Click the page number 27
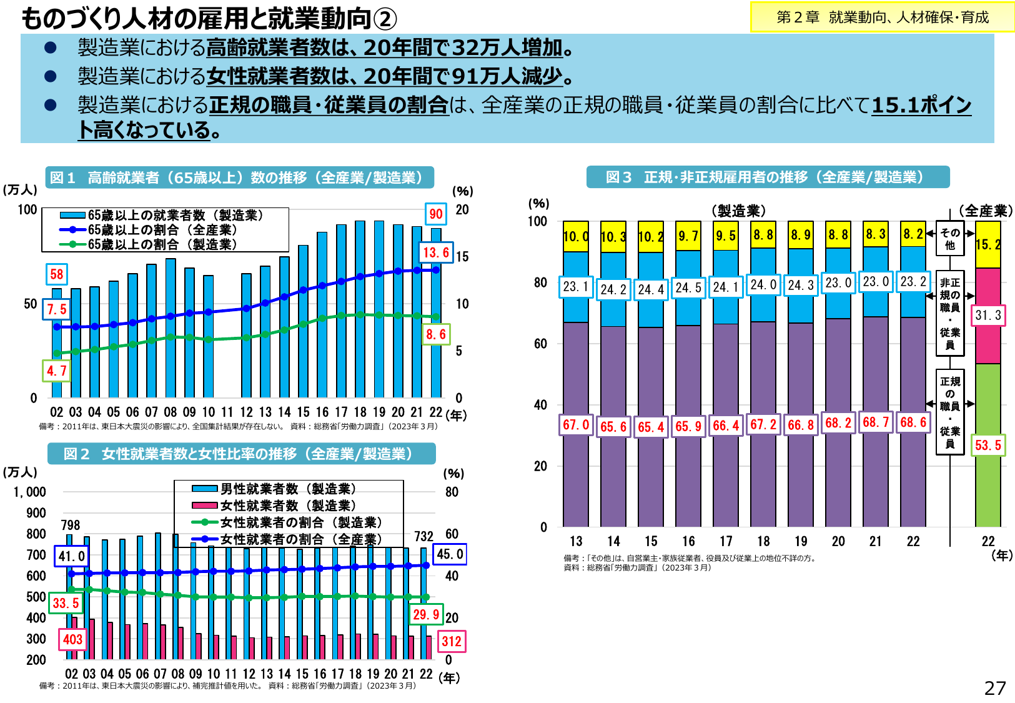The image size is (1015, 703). (995, 688)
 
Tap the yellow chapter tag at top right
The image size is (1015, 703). (882, 17)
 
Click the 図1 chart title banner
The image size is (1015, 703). (239, 177)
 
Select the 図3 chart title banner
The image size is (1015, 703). (768, 177)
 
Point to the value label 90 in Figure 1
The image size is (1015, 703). (436, 214)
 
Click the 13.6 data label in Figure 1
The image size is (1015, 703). (436, 252)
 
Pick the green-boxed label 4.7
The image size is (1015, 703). (56, 371)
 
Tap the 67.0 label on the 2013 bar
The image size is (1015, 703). (576, 425)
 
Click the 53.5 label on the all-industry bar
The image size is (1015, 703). (988, 445)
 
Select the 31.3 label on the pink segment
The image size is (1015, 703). (988, 316)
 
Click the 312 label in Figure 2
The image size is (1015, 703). (451, 641)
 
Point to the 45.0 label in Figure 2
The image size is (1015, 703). (450, 554)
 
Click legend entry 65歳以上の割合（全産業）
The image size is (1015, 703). (162, 230)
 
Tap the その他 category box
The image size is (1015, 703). (949, 239)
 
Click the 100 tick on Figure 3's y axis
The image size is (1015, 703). (537, 221)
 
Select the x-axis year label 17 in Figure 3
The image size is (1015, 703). (726, 541)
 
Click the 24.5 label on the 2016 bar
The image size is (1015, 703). (688, 287)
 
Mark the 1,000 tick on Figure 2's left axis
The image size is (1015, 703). (29, 492)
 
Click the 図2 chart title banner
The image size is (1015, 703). (241, 454)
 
